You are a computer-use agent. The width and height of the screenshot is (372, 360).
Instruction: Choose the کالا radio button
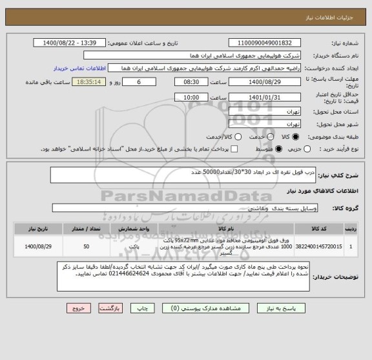pos(296,137)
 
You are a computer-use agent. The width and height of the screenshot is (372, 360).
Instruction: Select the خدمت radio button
pos(262,137)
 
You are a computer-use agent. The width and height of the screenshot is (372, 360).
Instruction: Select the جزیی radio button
pos(307,149)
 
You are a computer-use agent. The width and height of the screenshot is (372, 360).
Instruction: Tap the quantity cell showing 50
pos(87,246)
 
